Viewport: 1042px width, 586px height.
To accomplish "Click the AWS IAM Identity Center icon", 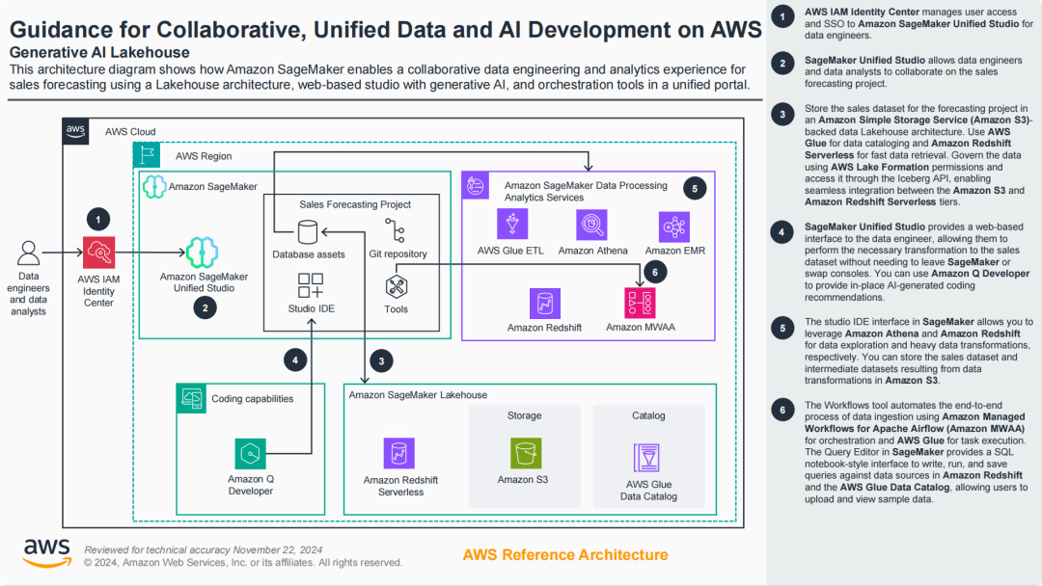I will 98,253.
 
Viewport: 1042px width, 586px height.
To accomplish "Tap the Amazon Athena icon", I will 590,226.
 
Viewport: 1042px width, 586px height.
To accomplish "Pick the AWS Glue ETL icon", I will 511,226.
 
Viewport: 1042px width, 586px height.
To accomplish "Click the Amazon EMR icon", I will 673,226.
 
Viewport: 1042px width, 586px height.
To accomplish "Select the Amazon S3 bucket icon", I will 525,453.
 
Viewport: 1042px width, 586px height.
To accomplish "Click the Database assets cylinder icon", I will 308,232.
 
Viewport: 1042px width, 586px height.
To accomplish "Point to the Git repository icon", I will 396,231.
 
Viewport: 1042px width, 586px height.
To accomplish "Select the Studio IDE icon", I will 311,285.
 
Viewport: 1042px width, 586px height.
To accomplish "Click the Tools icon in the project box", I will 396,286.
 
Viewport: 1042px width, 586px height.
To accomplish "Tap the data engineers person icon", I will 30,253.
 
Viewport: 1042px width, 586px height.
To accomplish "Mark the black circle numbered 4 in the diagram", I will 297,360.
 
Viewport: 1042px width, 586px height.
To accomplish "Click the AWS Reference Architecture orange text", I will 565,554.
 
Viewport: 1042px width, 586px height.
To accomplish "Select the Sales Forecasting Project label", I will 355,204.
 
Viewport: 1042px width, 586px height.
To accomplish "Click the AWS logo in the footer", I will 46,551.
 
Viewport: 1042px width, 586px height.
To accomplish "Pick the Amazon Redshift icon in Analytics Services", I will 544,304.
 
